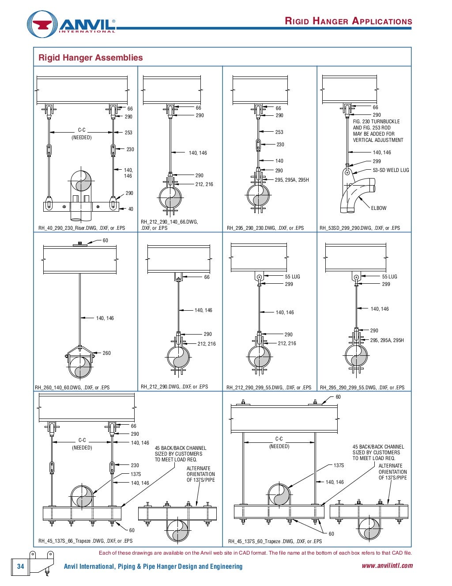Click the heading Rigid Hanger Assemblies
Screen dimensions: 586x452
pyautogui.click(x=90, y=57)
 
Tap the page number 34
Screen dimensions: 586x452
pyautogui.click(x=20, y=566)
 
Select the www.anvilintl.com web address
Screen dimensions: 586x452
pyautogui.click(x=387, y=566)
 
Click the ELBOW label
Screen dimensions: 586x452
pyautogui.click(x=378, y=208)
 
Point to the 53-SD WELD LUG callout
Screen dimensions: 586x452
pyautogui.click(x=391, y=170)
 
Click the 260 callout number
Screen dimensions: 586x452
pyautogui.click(x=106, y=353)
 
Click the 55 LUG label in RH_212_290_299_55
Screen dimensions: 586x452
pyautogui.click(x=292, y=277)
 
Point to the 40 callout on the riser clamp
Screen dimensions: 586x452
pyautogui.click(x=131, y=209)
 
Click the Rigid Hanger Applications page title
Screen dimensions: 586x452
pyautogui.click(x=348, y=21)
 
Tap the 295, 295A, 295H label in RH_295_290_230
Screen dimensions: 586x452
pyautogui.click(x=292, y=180)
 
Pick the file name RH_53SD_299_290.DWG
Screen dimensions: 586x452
pyautogui.click(x=360, y=228)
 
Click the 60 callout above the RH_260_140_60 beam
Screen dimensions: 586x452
pyautogui.click(x=105, y=240)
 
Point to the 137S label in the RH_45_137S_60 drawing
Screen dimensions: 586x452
pyautogui.click(x=339, y=465)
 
